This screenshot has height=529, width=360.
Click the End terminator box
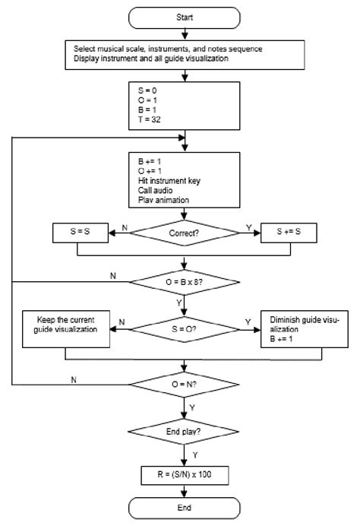(185, 508)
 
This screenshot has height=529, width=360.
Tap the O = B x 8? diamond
(185, 284)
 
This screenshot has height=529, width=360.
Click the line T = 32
(144, 119)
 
